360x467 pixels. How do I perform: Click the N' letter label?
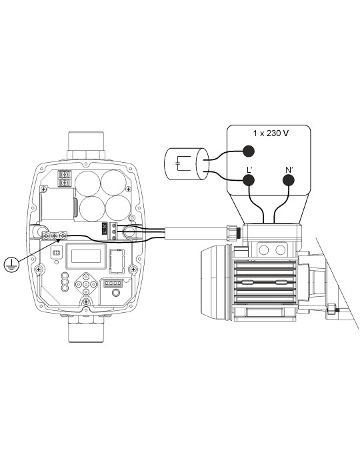tap(289, 165)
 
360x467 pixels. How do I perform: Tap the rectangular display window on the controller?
tap(85, 256)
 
